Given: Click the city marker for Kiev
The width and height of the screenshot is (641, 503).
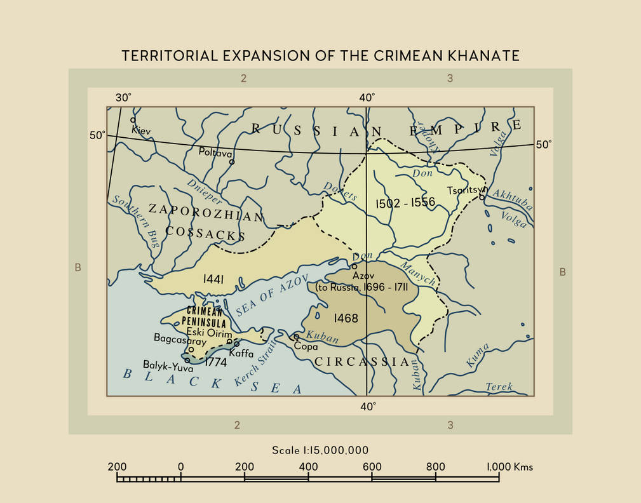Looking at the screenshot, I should click(133, 119).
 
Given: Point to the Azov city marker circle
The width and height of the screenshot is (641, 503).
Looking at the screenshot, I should click(354, 267).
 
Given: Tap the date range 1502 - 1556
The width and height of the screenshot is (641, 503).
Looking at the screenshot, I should click(405, 203).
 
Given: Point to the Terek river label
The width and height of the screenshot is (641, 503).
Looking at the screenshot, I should click(498, 387).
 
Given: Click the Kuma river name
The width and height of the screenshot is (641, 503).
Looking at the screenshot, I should click(478, 355).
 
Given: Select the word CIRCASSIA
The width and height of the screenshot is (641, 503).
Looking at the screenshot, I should click(363, 361).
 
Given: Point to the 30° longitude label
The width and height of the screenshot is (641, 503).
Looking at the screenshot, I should click(123, 98).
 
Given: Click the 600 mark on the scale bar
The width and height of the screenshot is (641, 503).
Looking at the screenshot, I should click(372, 467).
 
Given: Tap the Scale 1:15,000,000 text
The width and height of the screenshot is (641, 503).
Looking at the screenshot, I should click(320, 450).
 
